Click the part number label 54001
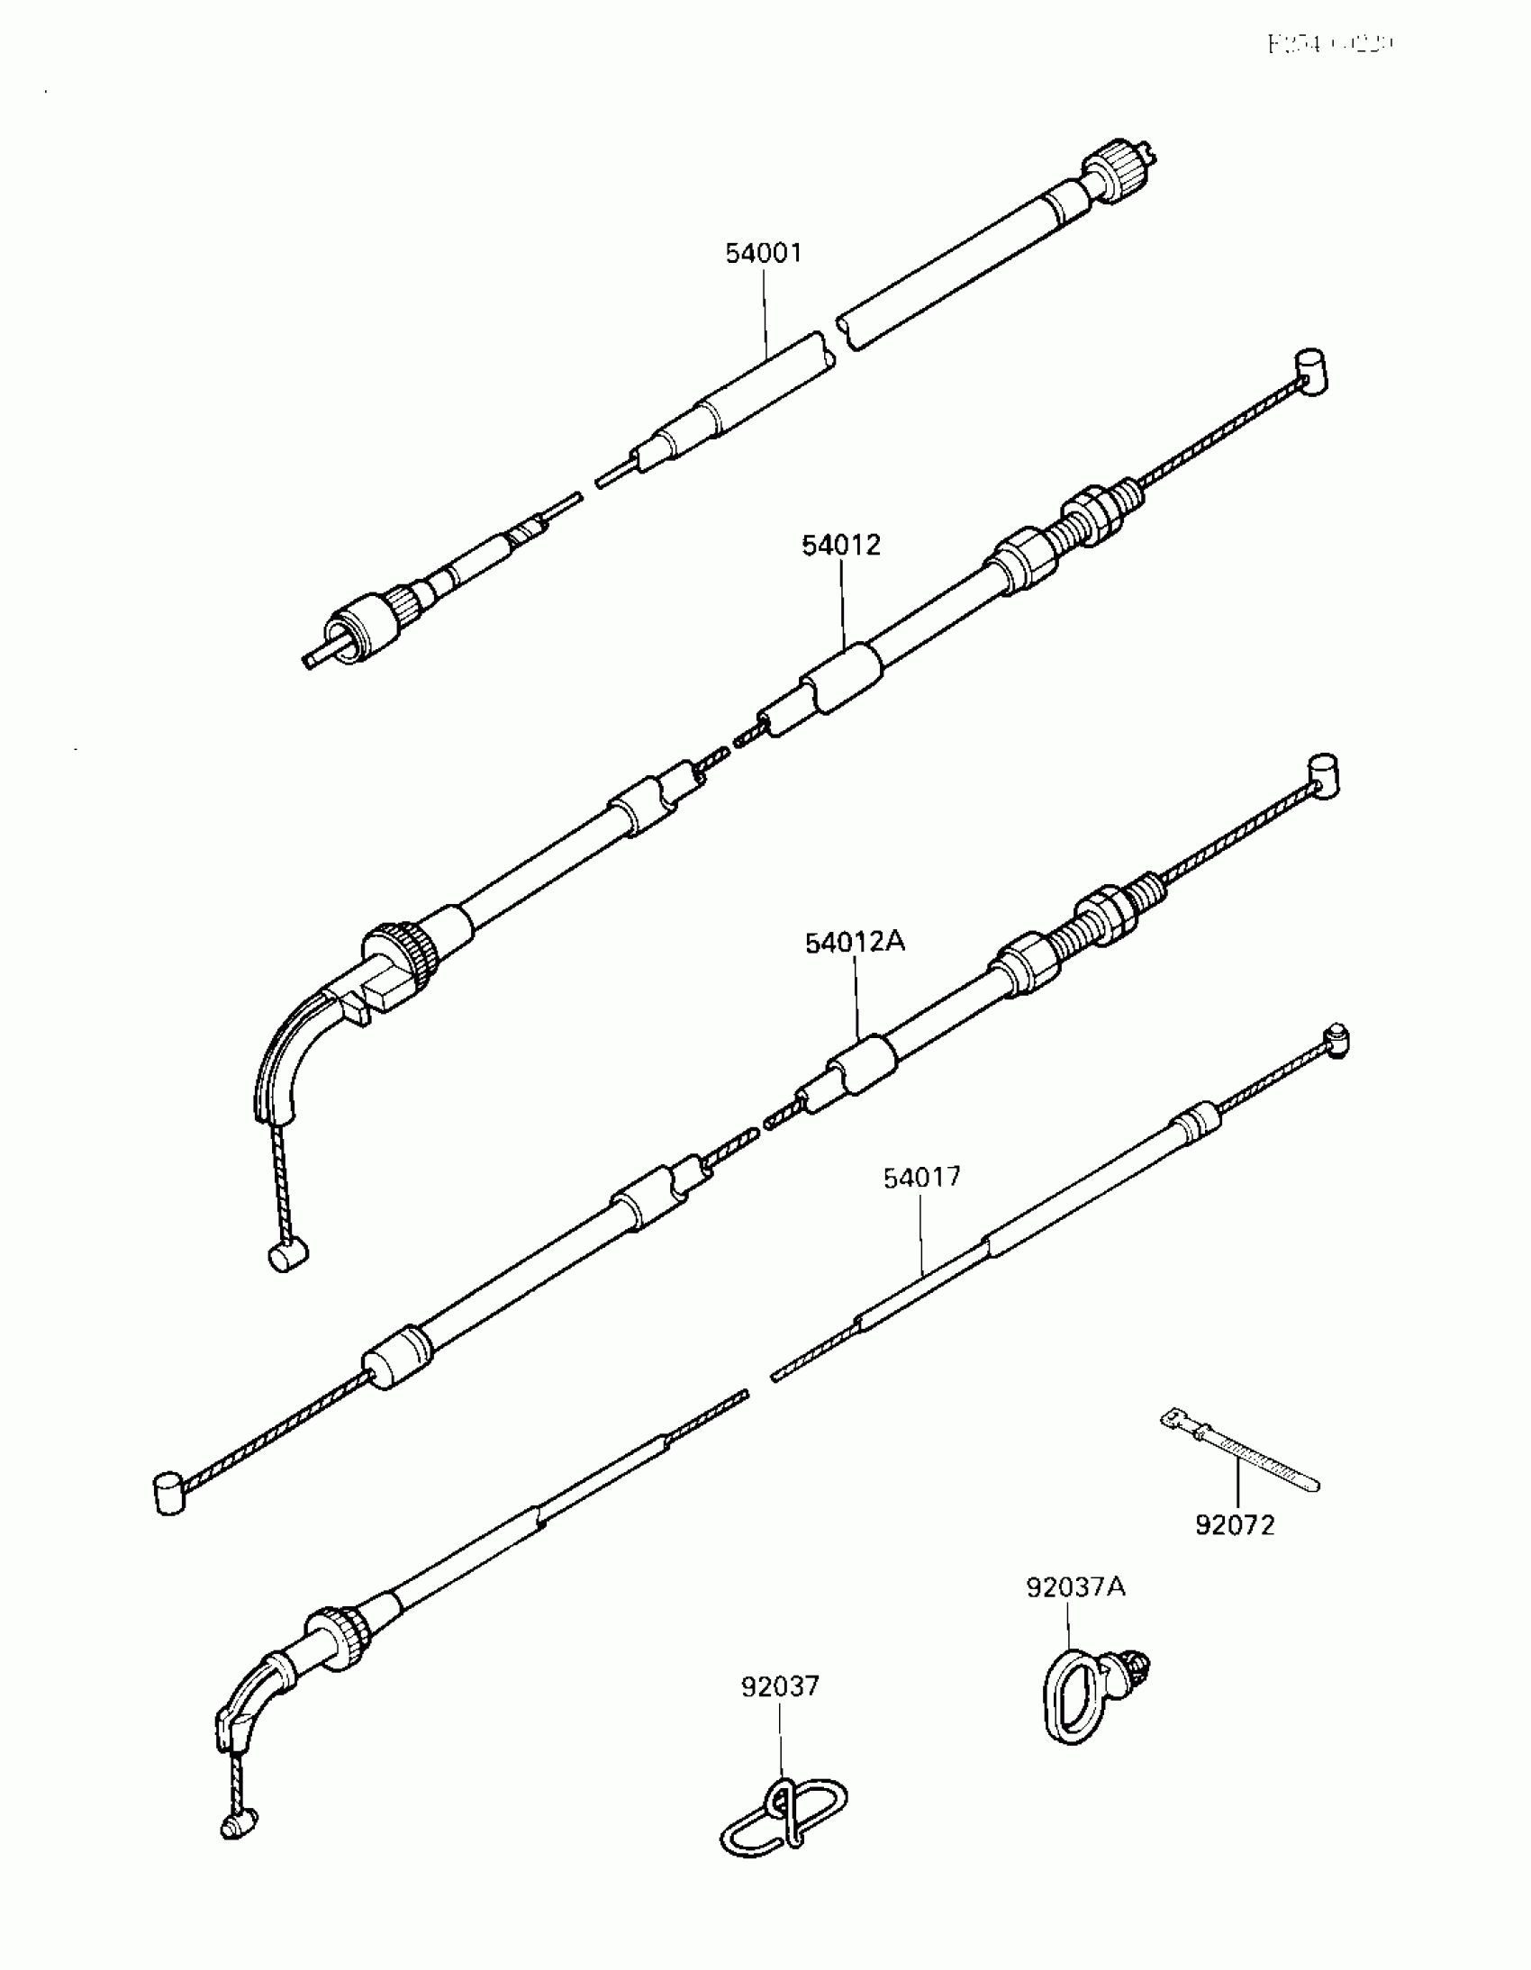pos(763,254)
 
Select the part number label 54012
pos(841,546)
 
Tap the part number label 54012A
pos(855,943)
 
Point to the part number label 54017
pos(922,1177)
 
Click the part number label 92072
pos(1235,1525)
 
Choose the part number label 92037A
pos(1075,1612)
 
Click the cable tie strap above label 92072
pos(1237,1451)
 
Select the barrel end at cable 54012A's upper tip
pos(1323,776)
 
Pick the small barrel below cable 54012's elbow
pos(288,1256)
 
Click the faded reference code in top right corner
pos(1330,43)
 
